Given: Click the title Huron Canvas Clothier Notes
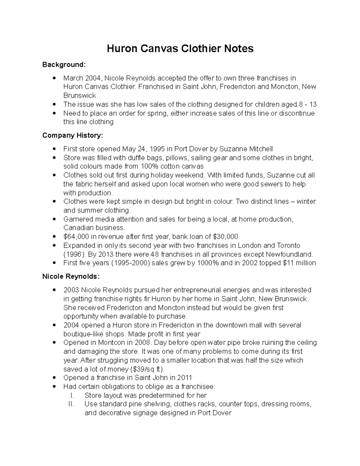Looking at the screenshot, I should pyautogui.click(x=180, y=48).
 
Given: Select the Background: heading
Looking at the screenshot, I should pyautogui.click(x=64, y=65).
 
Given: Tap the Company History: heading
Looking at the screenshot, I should pyautogui.click(x=72, y=135).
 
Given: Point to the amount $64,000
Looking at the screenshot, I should pyautogui.click(x=76, y=236).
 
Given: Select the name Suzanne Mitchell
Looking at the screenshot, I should pyautogui.click(x=246, y=149).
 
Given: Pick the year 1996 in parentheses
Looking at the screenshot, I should pyautogui.click(x=74, y=254).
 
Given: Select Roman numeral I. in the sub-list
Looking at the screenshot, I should pyautogui.click(x=71, y=395).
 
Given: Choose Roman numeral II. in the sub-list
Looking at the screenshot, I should pyautogui.click(x=71, y=404).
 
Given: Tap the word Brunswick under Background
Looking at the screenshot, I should pyautogui.click(x=79, y=96).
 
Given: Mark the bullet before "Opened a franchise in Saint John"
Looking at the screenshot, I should pyautogui.click(x=54, y=378).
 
